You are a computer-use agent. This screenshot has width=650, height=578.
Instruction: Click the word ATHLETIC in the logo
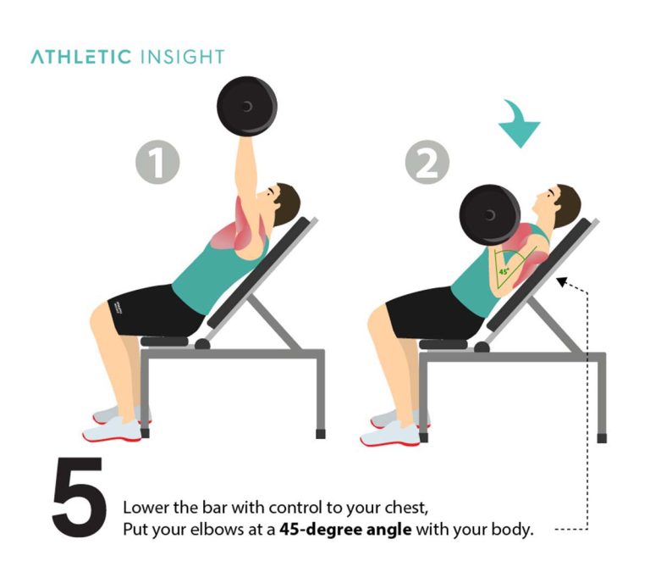[81, 58]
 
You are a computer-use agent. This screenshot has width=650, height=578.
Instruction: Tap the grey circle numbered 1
[158, 161]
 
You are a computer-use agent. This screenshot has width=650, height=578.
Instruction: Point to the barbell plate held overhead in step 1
[246, 106]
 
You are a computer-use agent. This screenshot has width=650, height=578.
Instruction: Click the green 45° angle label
[504, 272]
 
